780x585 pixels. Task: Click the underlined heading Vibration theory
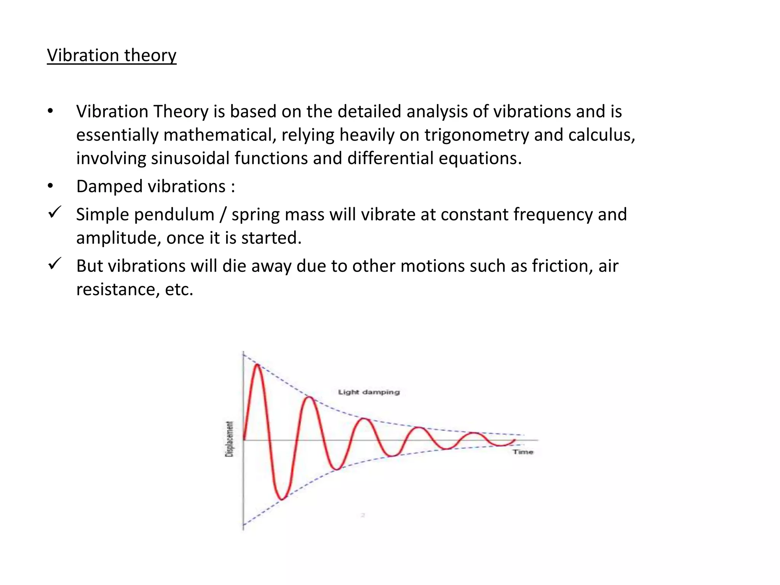coord(112,56)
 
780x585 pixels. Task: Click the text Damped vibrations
coord(151,187)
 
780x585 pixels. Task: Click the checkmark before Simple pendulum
coord(55,212)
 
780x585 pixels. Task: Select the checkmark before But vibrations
coord(55,264)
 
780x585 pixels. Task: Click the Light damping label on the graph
coord(369,392)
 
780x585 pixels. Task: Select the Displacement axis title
coord(229,439)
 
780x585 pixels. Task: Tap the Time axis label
coord(523,452)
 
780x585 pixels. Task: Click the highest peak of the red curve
coord(257,365)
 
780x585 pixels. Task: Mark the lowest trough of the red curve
coord(281,499)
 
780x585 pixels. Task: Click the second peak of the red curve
coord(310,398)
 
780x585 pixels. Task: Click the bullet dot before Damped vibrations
coord(50,186)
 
